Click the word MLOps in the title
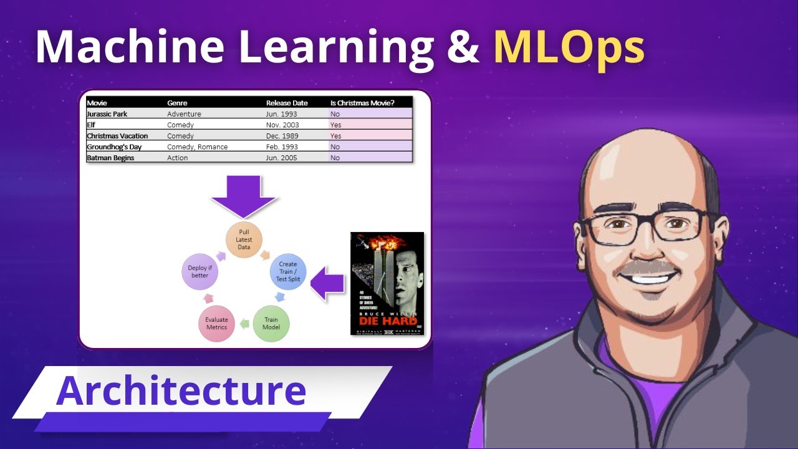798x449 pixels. coord(569,48)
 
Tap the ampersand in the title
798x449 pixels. coord(463,48)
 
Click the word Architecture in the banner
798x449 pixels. coord(181,391)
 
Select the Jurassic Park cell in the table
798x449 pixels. coord(107,114)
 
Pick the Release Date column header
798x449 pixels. coord(287,103)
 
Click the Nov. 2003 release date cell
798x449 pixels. coord(282,125)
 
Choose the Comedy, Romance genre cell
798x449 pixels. coord(197,147)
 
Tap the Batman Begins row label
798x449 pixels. coord(111,158)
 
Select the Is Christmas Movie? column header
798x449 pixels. coord(362,103)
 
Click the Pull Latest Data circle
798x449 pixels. coord(244,239)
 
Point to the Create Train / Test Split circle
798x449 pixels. coord(288,272)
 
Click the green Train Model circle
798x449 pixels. coord(271,324)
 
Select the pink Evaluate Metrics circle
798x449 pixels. coord(217,324)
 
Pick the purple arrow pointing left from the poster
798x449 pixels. coord(328,285)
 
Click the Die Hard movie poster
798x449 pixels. coord(387,284)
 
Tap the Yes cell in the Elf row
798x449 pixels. coord(335,125)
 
